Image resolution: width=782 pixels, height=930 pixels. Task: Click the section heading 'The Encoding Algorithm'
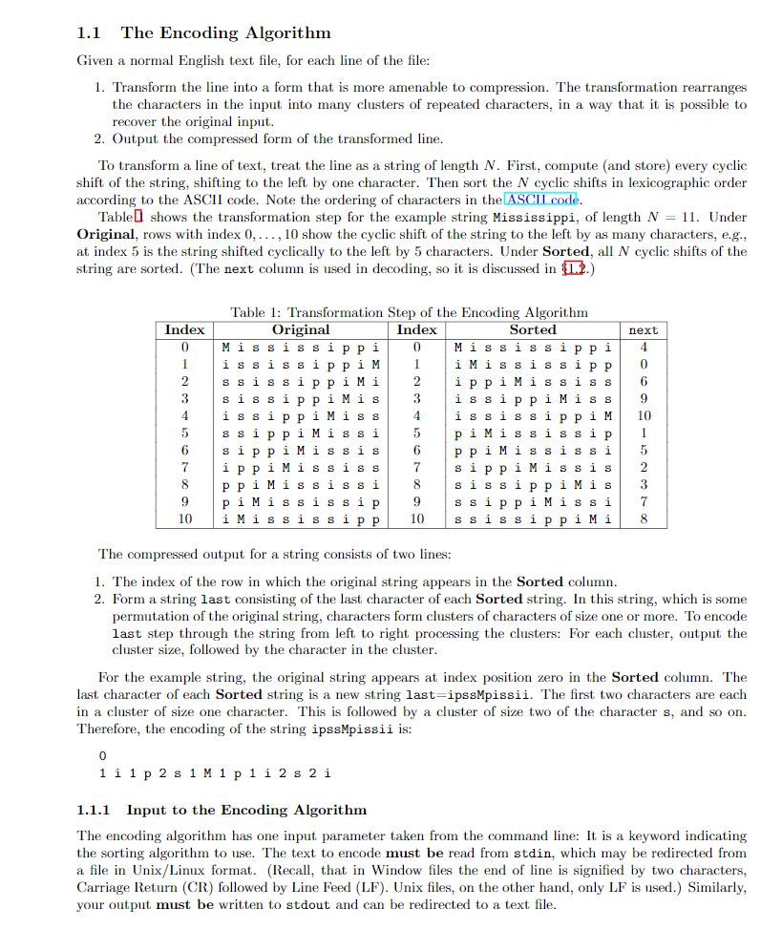tap(225, 33)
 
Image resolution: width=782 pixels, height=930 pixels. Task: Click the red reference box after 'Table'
tap(138, 217)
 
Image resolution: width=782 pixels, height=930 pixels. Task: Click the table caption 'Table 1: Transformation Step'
tap(409, 312)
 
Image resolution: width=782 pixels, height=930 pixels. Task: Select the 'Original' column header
tap(301, 329)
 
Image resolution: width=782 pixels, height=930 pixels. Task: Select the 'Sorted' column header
tap(533, 329)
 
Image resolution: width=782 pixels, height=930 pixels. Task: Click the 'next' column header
tap(643, 330)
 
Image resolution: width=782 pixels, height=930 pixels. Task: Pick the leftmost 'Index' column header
tap(184, 329)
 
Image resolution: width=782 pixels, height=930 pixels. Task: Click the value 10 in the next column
tap(644, 415)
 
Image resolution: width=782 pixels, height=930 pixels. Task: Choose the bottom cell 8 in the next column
tap(644, 518)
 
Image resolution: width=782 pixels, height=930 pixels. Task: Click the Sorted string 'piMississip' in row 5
tap(533, 433)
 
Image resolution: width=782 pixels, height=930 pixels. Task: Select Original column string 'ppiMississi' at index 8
tap(301, 484)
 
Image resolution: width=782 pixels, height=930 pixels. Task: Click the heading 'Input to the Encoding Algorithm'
tap(245, 810)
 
